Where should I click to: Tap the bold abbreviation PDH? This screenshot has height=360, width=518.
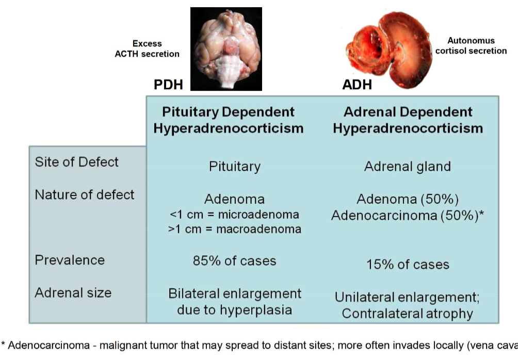[168, 85]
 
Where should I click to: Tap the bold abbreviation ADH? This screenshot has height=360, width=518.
[357, 85]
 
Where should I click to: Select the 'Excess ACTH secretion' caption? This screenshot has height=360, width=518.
[147, 48]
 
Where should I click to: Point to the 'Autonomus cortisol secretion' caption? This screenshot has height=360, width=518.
[471, 45]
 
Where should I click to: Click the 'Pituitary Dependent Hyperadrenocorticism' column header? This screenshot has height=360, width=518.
[228, 120]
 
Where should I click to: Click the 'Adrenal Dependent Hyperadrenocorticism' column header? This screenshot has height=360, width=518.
[408, 120]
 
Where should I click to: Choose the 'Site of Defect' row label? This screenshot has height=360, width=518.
[76, 162]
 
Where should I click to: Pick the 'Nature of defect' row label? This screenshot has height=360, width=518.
[84, 195]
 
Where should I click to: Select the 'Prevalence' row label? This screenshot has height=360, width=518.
[70, 260]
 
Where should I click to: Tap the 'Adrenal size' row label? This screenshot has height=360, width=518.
[73, 293]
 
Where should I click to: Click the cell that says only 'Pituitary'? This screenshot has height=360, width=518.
[234, 167]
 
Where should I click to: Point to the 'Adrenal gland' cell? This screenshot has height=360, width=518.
[407, 167]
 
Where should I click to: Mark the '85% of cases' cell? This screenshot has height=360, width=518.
[234, 261]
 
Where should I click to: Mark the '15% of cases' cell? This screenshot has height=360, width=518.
[407, 265]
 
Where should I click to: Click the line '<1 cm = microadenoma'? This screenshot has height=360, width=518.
[234, 214]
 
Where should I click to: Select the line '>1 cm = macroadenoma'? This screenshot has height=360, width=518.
[234, 228]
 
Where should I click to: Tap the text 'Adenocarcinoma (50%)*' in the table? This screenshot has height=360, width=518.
[407, 216]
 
